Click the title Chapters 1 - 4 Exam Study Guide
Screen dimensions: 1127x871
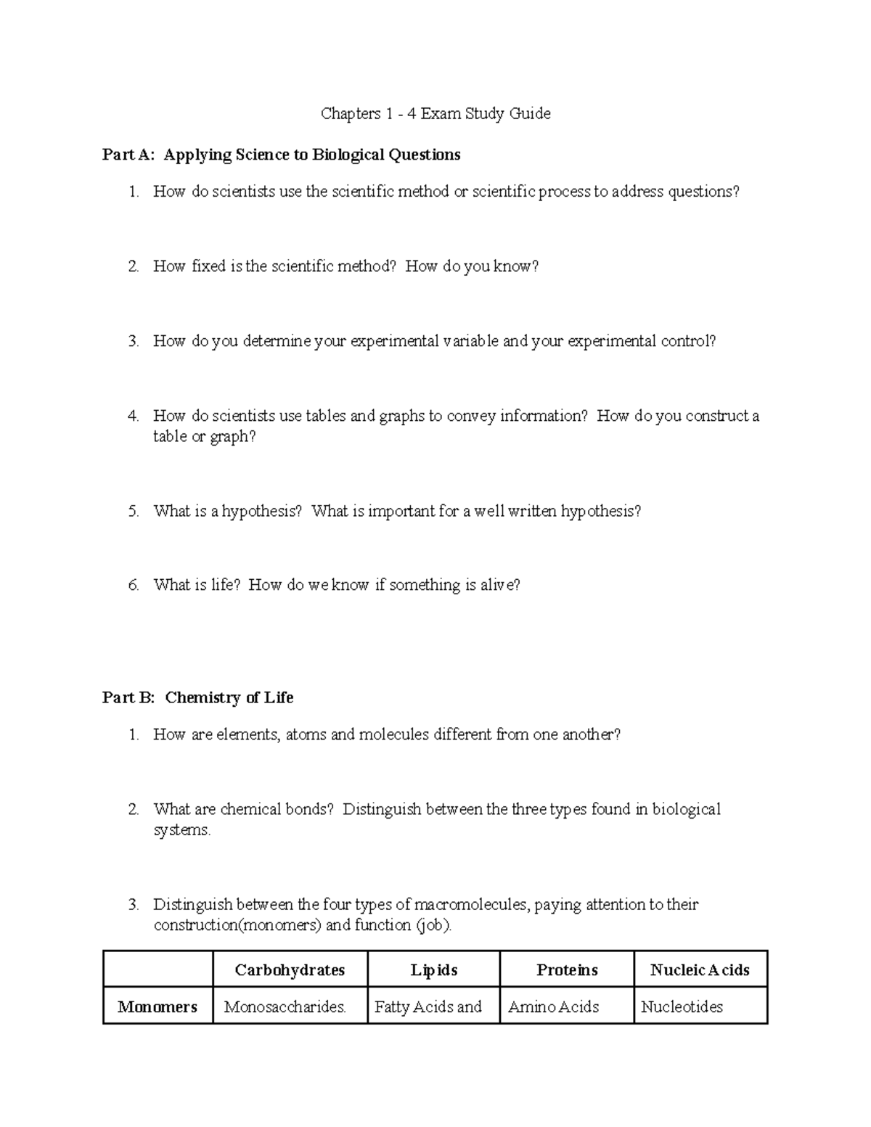pyautogui.click(x=435, y=114)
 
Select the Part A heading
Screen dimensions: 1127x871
pyautogui.click(x=281, y=155)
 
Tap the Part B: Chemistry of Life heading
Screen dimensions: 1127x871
pyautogui.click(x=197, y=697)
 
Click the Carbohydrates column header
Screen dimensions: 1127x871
pyautogui.click(x=290, y=970)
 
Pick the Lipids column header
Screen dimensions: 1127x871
pyautogui.click(x=434, y=970)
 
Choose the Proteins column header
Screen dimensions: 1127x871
pyautogui.click(x=567, y=970)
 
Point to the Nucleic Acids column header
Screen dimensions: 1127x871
pyautogui.click(x=700, y=970)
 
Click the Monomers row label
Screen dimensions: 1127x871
pyautogui.click(x=158, y=1007)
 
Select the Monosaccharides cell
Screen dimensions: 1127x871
pyautogui.click(x=285, y=1007)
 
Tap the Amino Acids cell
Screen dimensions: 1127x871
pyautogui.click(x=554, y=1007)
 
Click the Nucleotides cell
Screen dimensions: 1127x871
pyautogui.click(x=682, y=1007)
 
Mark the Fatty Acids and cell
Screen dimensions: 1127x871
pyautogui.click(x=428, y=1007)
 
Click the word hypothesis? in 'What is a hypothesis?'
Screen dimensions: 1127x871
pyautogui.click(x=261, y=512)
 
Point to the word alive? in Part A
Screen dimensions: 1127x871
pyautogui.click(x=500, y=585)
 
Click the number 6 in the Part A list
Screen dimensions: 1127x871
pyautogui.click(x=133, y=586)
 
